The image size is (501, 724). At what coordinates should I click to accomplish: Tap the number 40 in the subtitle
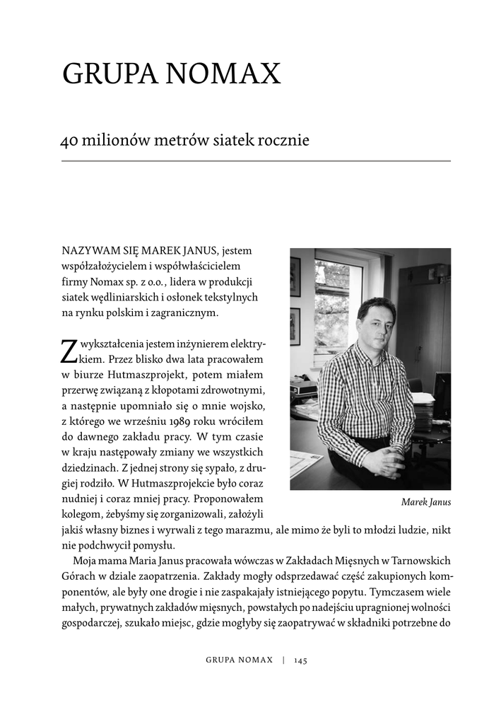click(69, 140)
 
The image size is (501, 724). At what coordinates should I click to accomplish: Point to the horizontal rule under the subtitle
click(256, 161)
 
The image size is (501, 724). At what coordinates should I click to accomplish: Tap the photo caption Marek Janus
click(425, 503)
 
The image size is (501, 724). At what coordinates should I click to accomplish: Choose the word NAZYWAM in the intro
click(86, 250)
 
